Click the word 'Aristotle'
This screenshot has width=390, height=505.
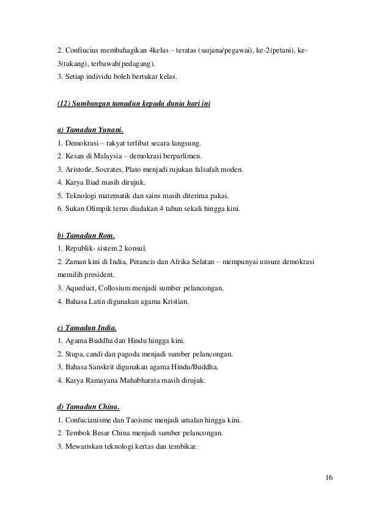(x=80, y=169)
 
